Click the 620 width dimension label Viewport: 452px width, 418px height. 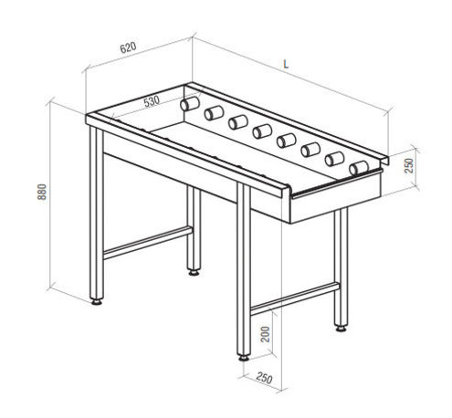(128, 47)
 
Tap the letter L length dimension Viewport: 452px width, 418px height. (286, 64)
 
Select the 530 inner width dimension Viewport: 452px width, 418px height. (152, 101)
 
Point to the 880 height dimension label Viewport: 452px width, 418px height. (42, 192)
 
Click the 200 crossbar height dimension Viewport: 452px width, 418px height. (266, 334)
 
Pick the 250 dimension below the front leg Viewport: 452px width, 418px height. (264, 378)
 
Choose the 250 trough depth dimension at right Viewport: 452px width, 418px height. (409, 165)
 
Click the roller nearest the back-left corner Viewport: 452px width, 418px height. (190, 104)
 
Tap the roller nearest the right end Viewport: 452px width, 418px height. (359, 168)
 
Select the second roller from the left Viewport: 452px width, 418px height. (214, 113)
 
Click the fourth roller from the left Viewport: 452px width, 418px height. (262, 131)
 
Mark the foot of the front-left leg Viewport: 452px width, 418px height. (97, 302)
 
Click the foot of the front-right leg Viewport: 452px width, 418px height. (244, 358)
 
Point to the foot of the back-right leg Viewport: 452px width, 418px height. (341, 329)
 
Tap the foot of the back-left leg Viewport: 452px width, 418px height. (194, 273)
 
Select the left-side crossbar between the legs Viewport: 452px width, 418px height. (148, 243)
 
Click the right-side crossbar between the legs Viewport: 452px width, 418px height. (295, 299)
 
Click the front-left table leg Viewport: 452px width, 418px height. (97, 213)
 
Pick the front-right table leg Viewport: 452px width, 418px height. (244, 269)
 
